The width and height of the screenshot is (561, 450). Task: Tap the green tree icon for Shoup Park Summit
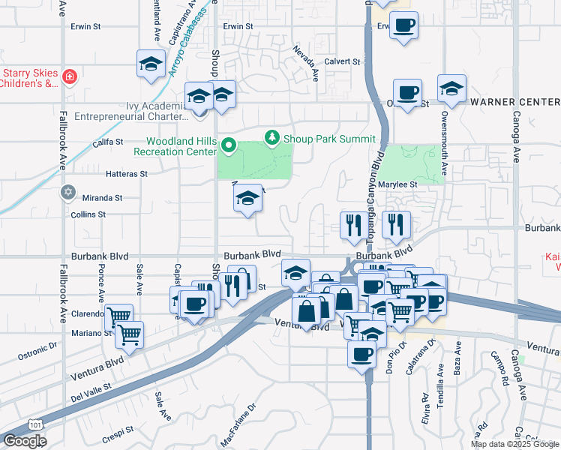(x=271, y=138)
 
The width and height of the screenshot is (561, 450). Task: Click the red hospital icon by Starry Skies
(x=69, y=76)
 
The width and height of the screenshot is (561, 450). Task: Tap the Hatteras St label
(x=127, y=173)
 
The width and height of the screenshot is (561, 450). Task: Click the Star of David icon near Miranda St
(x=68, y=193)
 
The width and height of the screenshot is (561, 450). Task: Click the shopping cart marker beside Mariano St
(x=128, y=334)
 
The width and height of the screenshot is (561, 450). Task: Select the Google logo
(x=25, y=441)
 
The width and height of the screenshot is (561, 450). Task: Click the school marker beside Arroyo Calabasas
(x=151, y=64)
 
